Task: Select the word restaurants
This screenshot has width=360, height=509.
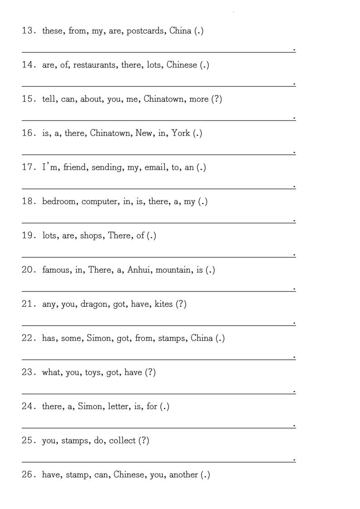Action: point(95,65)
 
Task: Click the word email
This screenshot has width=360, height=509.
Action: point(156,167)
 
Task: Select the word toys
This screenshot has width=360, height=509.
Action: point(93,373)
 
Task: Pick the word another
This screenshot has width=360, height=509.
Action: point(183,475)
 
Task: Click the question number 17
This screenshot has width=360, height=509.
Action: point(28,167)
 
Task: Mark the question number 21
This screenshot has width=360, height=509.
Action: point(28,304)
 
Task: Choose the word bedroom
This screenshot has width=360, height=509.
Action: point(59,202)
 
